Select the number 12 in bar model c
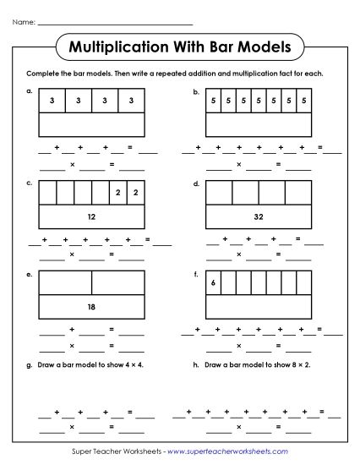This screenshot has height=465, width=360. click(91, 216)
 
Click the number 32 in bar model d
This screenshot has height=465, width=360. click(259, 216)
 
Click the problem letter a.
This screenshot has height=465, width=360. click(30, 90)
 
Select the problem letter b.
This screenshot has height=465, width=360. click(197, 90)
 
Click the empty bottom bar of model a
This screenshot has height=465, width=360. click(91, 124)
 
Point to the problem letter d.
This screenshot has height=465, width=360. click(197, 182)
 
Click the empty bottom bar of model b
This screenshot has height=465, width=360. click(259, 124)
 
